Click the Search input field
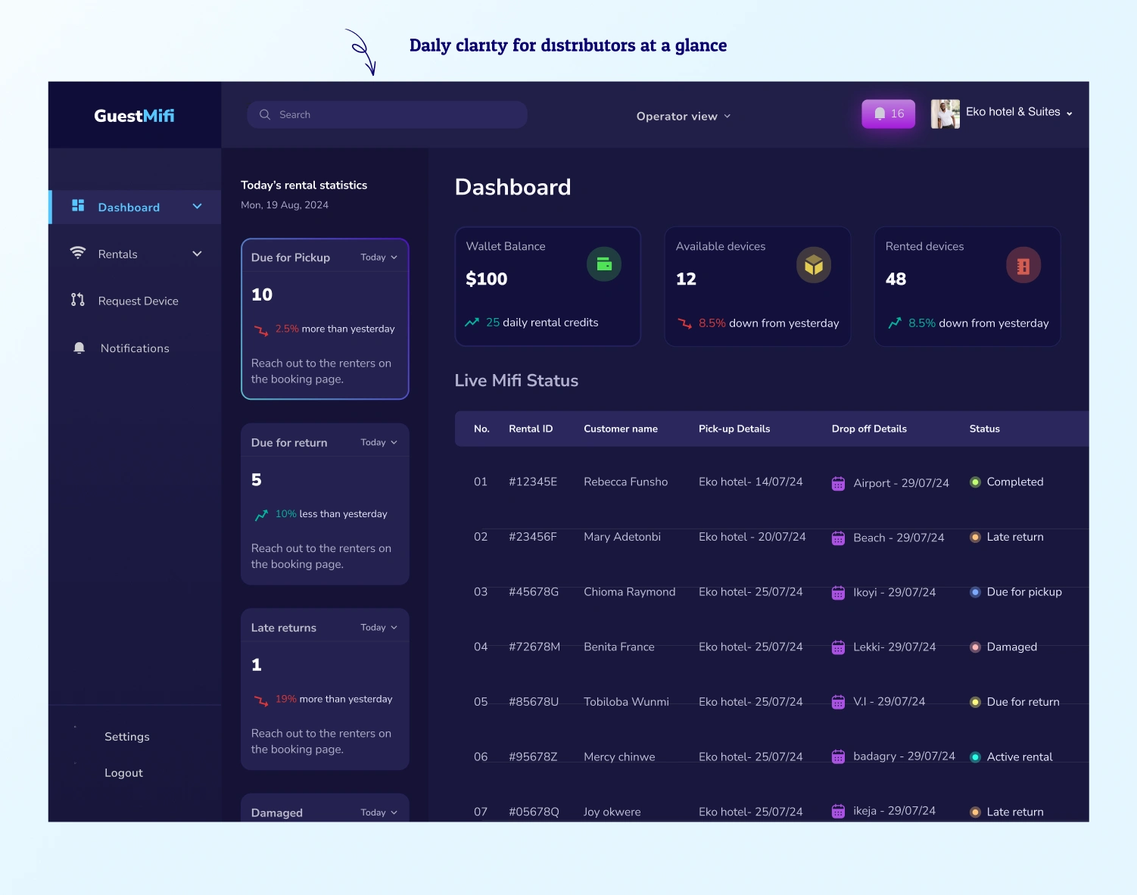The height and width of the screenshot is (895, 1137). click(x=387, y=115)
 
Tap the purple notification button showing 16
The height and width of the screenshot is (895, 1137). click(x=889, y=114)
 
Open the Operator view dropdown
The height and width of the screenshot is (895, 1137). click(x=683, y=116)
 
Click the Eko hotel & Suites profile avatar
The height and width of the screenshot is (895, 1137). click(x=945, y=114)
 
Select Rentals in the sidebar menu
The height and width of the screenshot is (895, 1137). click(x=118, y=254)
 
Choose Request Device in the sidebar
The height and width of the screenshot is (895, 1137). click(x=138, y=301)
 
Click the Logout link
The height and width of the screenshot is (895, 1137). click(x=123, y=773)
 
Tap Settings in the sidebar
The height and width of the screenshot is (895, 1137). click(x=126, y=737)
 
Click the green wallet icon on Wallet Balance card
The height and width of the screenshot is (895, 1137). click(x=604, y=264)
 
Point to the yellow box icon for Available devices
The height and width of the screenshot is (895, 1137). click(x=814, y=265)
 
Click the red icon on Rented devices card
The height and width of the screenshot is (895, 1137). click(x=1023, y=266)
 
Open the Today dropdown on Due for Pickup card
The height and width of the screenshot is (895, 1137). click(x=378, y=257)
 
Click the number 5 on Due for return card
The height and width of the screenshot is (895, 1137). click(x=257, y=480)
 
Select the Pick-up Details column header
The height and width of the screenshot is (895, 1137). click(x=734, y=429)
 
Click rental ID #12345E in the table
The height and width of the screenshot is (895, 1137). click(x=533, y=482)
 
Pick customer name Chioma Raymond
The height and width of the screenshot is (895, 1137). click(x=629, y=592)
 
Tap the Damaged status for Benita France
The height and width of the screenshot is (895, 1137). click(x=1011, y=647)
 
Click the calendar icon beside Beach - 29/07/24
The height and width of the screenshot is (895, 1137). click(x=838, y=538)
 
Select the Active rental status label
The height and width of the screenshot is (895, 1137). click(x=1019, y=756)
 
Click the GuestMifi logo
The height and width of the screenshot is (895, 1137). click(x=134, y=116)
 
